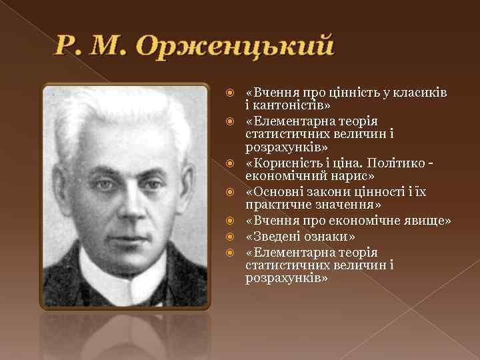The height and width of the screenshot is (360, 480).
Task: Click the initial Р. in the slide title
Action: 67,47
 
